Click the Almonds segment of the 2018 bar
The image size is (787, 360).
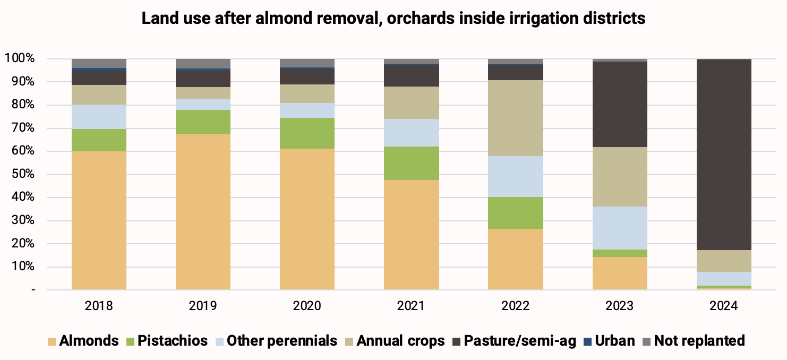click(x=99, y=220)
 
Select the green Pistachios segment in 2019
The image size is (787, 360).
click(x=203, y=122)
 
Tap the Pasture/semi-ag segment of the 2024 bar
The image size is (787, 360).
click(x=724, y=155)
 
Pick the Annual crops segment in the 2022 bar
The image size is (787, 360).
click(x=516, y=118)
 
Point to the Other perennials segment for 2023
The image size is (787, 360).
click(x=620, y=228)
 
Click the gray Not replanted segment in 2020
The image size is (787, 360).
click(x=307, y=63)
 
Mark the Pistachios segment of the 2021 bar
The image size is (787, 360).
click(x=412, y=164)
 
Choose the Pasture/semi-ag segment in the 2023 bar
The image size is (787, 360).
click(x=620, y=104)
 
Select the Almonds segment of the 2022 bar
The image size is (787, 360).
click(x=516, y=260)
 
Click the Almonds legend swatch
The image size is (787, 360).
click(x=52, y=341)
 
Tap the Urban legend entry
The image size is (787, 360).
click(x=609, y=341)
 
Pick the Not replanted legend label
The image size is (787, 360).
click(x=699, y=341)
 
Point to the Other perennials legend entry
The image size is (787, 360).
click(x=276, y=341)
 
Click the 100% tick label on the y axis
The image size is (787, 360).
click(x=19, y=58)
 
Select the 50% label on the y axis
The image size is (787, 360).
click(x=23, y=174)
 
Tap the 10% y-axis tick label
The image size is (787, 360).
click(x=23, y=267)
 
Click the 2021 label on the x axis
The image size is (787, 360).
click(x=411, y=306)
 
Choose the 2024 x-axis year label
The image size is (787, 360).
click(x=724, y=306)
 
